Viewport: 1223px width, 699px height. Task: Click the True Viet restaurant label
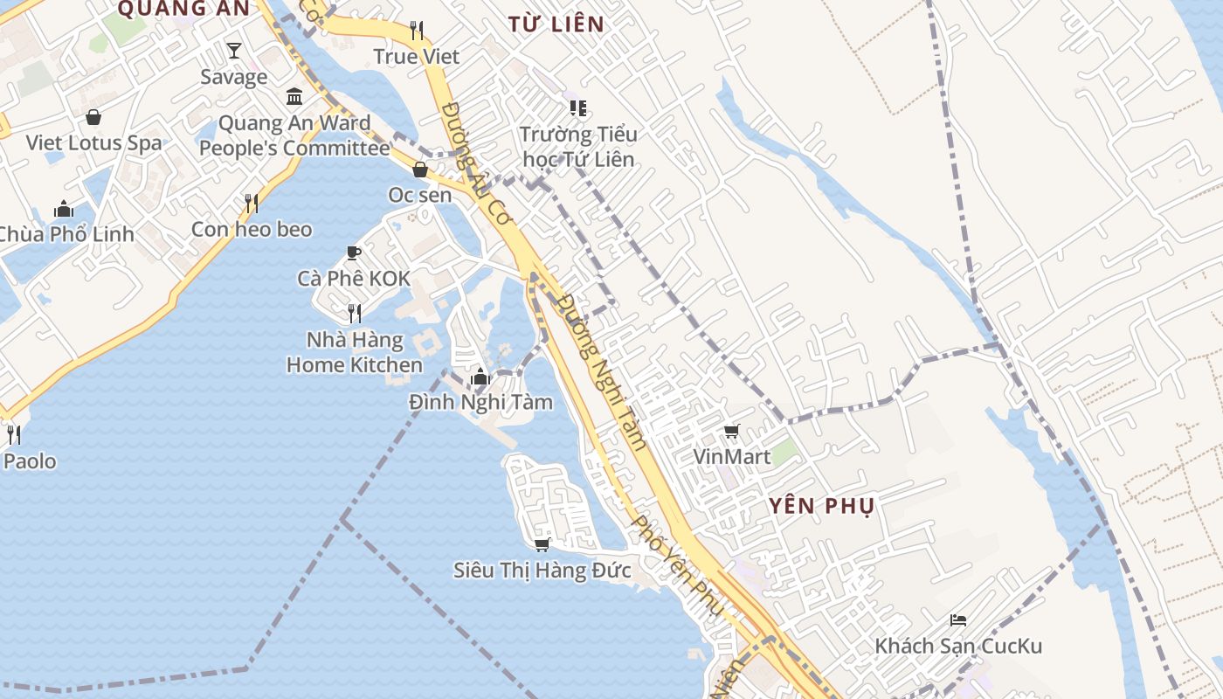[417, 57]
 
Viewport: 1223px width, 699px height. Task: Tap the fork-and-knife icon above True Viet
[417, 31]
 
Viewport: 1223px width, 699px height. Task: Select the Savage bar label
[233, 77]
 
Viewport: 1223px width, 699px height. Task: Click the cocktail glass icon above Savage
[233, 51]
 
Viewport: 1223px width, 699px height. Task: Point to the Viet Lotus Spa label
[93, 142]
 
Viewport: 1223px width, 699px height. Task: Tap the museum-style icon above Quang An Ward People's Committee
[294, 96]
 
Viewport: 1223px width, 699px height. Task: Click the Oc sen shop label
[420, 195]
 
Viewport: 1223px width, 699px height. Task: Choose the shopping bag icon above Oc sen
[420, 170]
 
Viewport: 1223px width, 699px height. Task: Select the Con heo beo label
[252, 229]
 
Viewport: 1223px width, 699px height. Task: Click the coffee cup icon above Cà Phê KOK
[354, 253]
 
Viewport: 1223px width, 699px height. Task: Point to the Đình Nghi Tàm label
[480, 402]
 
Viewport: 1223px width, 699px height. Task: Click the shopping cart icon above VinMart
[732, 431]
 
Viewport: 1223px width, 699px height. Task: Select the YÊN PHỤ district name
[822, 506]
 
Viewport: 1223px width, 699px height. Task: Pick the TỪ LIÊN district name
[556, 24]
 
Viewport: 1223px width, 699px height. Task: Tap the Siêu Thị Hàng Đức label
[542, 571]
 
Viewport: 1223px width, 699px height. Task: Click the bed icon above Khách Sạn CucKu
[958, 620]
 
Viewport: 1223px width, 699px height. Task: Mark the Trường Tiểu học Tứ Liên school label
[578, 147]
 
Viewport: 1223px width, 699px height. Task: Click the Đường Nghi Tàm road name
[603, 371]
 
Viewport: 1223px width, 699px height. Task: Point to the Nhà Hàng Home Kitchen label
[355, 352]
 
